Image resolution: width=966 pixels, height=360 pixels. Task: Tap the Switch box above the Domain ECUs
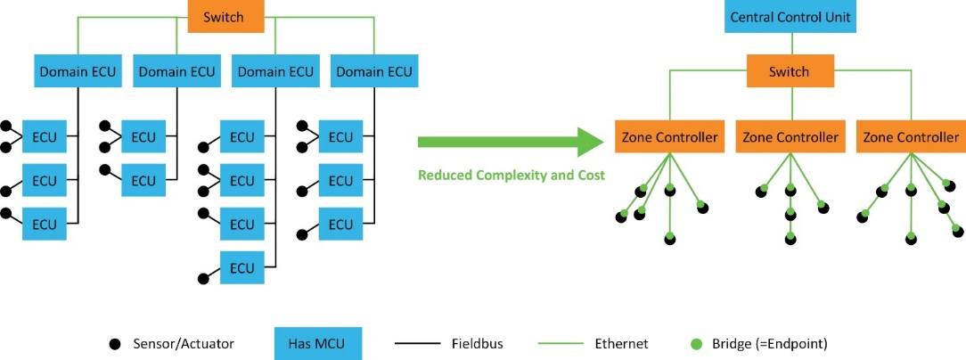coord(215,17)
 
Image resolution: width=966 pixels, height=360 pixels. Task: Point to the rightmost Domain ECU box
coord(372,71)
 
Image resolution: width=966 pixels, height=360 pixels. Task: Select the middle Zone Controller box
coord(790,137)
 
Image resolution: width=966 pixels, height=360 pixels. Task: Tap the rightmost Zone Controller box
coord(912,137)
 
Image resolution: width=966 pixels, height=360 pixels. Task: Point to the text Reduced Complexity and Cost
coord(511,176)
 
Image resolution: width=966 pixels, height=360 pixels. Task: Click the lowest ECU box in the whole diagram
coord(241,267)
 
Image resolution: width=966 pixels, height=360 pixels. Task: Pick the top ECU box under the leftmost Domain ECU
coord(45,137)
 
